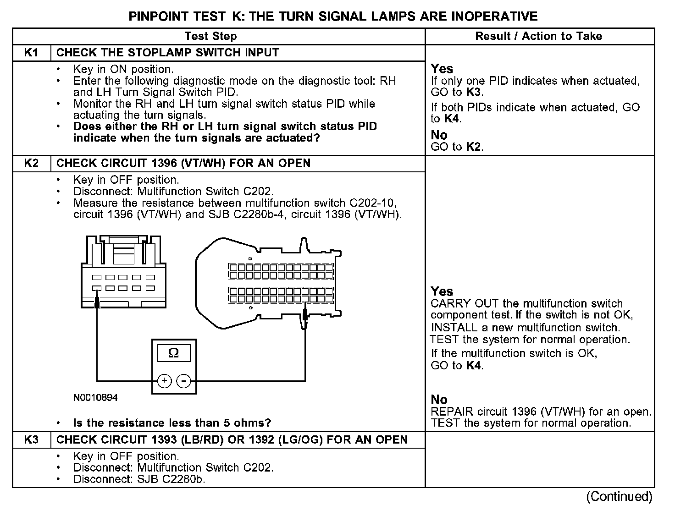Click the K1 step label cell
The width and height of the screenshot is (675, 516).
point(31,53)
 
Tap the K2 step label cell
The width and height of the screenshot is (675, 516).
point(31,164)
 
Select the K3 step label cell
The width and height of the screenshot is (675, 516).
point(31,440)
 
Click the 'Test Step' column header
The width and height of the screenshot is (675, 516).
point(210,36)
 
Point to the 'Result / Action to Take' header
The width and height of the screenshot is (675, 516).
point(538,36)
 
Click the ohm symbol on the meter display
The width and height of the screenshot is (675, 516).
point(173,353)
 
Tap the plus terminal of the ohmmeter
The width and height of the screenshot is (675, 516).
point(164,380)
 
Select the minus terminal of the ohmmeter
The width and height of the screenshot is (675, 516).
point(184,380)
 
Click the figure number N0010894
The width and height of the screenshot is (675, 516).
point(95,398)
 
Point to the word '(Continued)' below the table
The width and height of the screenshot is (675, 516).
point(619,497)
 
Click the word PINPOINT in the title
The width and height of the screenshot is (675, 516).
point(158,16)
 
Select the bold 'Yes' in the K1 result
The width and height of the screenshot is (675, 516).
point(442,69)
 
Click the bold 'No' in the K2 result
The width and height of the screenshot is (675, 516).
point(439,400)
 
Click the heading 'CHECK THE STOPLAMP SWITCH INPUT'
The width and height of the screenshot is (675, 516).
point(167,53)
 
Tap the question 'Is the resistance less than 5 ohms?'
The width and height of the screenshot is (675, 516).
point(172,423)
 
